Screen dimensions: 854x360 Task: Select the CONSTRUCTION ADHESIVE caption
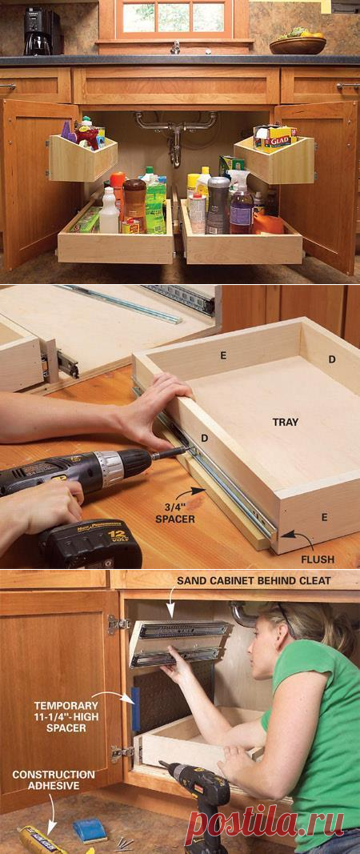click(x=54, y=780)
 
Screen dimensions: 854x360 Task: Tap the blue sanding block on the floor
click(x=90, y=829)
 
